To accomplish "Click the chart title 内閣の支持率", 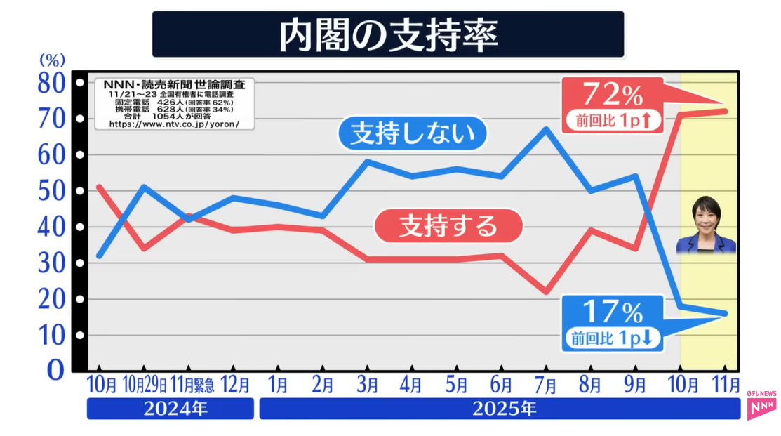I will pyautogui.click(x=388, y=34).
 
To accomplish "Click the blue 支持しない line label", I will pyautogui.click(x=412, y=134).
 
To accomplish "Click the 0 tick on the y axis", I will pyautogui.click(x=55, y=370).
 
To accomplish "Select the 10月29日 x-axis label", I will pyautogui.click(x=144, y=385).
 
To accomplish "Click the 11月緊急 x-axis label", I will pyautogui.click(x=189, y=385).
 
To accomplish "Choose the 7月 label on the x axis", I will pyautogui.click(x=545, y=385).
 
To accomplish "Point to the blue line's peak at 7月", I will pyautogui.click(x=545, y=128).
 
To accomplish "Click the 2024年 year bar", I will pyautogui.click(x=170, y=409).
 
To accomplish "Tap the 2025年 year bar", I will pyautogui.click(x=500, y=409).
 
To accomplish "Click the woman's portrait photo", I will pyautogui.click(x=705, y=225).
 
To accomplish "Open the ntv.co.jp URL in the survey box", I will pyautogui.click(x=174, y=124).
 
